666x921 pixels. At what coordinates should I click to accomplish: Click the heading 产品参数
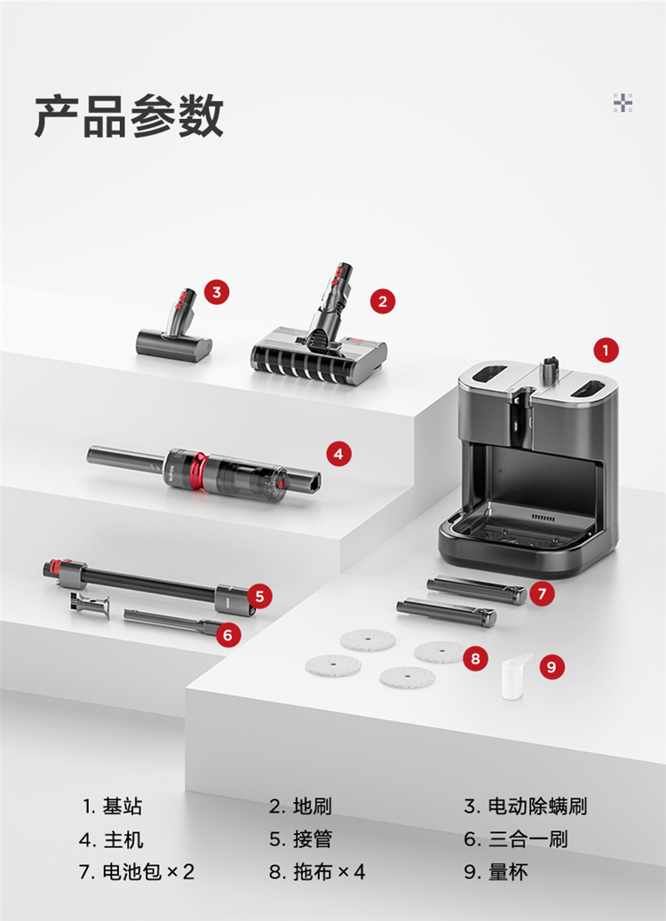tap(129, 116)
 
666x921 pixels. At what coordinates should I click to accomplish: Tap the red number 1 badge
tap(606, 351)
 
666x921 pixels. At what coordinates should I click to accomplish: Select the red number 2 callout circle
tap(383, 301)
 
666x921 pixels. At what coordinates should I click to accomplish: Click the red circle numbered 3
tap(217, 292)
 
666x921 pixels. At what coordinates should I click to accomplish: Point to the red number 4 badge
tap(338, 454)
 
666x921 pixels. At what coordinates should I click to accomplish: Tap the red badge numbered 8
tap(475, 658)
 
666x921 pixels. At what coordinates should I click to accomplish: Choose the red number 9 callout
tap(551, 667)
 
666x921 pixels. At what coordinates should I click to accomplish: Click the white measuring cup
tap(514, 677)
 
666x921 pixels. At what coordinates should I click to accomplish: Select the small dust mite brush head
tap(174, 332)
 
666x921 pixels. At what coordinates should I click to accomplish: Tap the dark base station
tap(528, 467)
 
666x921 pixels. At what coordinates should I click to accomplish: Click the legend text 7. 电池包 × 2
tap(136, 871)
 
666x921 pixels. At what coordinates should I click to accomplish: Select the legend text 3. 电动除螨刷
tap(526, 806)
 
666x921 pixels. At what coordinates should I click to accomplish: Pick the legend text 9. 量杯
tap(496, 871)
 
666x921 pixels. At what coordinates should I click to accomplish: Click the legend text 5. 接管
tap(301, 838)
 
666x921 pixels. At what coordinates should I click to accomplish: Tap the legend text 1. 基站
tap(112, 806)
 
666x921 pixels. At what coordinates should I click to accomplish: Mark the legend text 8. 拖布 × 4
tap(317, 871)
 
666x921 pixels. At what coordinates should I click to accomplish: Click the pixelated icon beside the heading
tap(622, 103)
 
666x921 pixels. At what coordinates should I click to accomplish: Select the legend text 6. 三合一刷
tap(516, 838)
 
